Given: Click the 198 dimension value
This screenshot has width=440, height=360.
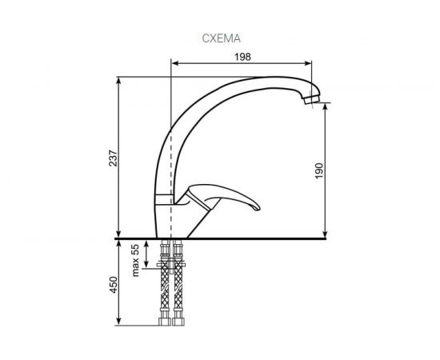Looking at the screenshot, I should pos(244,56).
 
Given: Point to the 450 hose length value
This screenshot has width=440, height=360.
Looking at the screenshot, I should pos(113,283).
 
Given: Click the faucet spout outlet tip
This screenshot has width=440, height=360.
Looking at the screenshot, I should pos(312,102).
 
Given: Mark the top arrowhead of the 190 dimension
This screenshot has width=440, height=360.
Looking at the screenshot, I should pos(326,106).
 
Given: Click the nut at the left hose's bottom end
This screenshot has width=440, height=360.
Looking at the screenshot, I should pos(164,322).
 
